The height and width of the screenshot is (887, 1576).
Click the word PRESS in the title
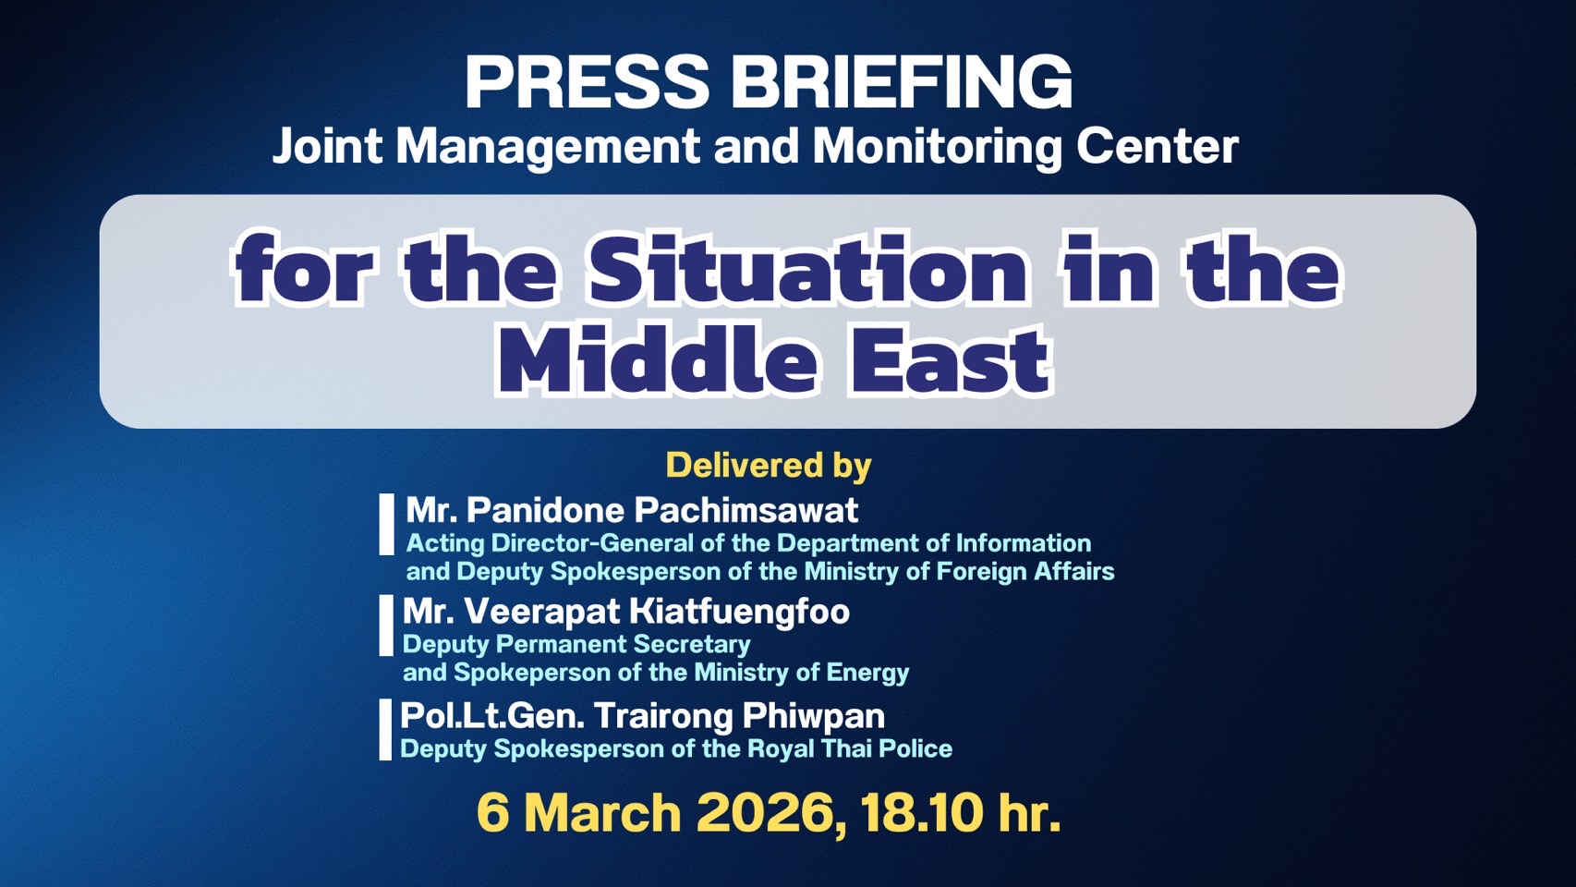tap(587, 83)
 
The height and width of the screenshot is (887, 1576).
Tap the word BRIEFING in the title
tap(902, 83)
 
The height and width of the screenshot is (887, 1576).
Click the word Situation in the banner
tap(808, 270)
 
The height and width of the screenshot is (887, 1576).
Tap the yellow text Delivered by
tap(769, 465)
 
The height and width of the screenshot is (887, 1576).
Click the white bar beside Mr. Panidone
tap(386, 524)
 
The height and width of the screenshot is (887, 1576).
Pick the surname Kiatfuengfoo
tap(739, 612)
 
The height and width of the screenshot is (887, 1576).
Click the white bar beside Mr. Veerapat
tap(385, 626)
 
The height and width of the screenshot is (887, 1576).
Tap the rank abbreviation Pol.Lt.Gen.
tap(492, 716)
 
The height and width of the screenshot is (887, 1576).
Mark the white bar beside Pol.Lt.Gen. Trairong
tap(384, 730)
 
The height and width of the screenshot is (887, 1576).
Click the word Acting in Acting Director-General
tap(445, 543)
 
